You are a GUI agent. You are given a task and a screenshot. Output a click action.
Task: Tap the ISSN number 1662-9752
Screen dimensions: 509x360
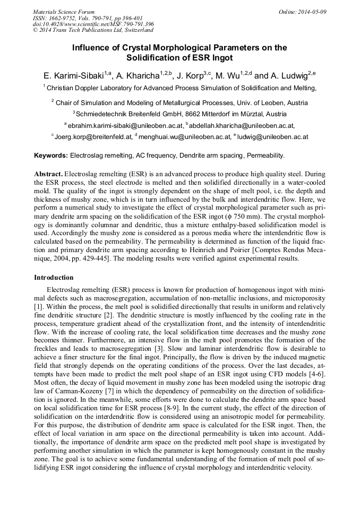(65, 18)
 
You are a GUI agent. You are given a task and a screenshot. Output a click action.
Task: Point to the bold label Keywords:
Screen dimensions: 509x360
(51, 156)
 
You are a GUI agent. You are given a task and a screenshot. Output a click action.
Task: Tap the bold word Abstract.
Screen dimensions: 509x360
(48, 174)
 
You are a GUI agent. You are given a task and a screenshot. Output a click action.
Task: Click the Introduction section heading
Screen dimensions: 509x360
(54, 278)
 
